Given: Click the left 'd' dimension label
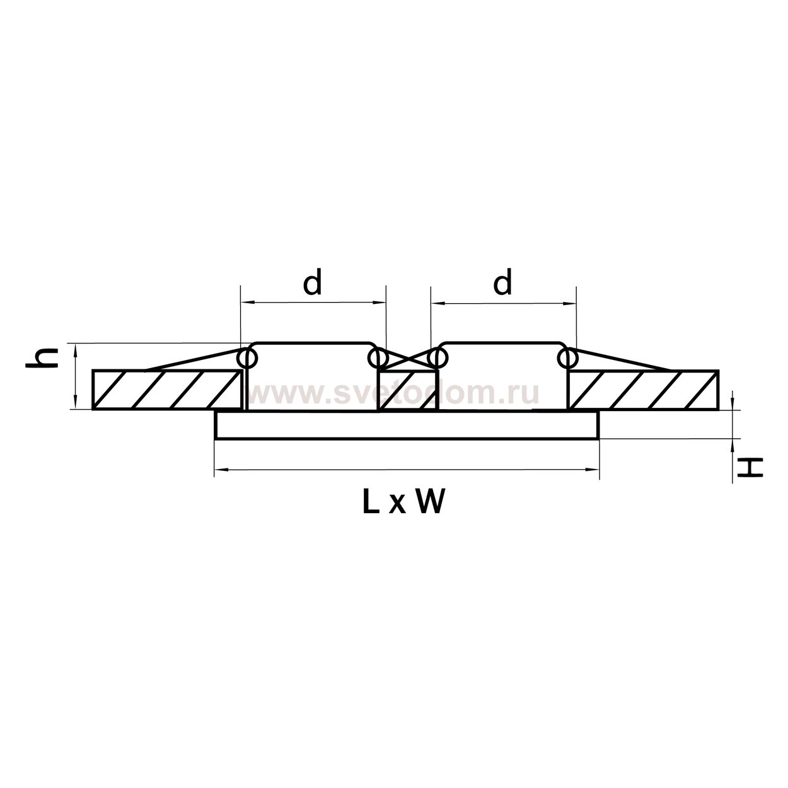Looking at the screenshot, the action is click(312, 281).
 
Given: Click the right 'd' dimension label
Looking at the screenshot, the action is click(502, 281).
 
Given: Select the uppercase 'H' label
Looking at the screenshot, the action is click(750, 468).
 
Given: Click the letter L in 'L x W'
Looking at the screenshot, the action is click(371, 502).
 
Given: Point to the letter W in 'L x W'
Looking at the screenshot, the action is click(430, 502).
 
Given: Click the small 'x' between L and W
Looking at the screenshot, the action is click(397, 505).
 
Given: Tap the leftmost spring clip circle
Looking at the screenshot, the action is click(248, 358).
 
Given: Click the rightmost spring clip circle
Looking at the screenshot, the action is click(567, 358).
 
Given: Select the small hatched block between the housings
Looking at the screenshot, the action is click(407, 390).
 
